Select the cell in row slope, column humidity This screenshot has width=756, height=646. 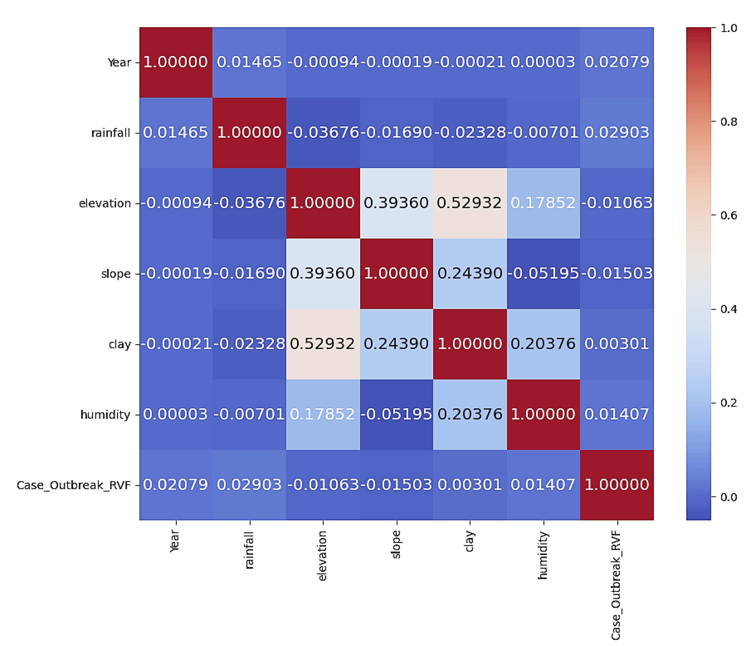pyautogui.click(x=543, y=273)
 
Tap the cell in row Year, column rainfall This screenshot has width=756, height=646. pyautogui.click(x=250, y=62)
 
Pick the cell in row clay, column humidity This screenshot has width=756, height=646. pyautogui.click(x=543, y=344)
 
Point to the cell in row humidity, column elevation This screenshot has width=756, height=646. pyautogui.click(x=323, y=414)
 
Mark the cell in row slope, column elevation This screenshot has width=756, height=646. pyautogui.click(x=323, y=273)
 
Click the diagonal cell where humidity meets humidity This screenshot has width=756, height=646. pyautogui.click(x=543, y=414)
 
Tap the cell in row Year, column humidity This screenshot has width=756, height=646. pyautogui.click(x=543, y=62)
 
